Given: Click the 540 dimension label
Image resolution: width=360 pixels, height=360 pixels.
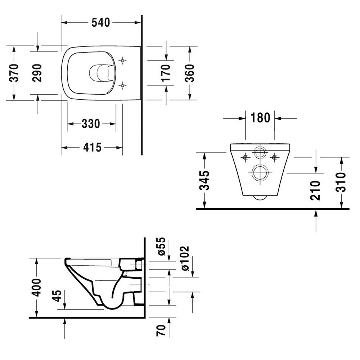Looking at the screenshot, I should click(x=100, y=22).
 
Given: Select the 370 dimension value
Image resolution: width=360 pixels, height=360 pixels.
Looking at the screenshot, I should click(x=14, y=73).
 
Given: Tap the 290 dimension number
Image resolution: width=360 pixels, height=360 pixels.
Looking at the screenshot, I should click(x=38, y=73).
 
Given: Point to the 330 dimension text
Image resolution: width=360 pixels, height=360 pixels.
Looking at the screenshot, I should click(x=90, y=124).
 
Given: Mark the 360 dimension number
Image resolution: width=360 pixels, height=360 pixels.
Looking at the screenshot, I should click(x=189, y=73).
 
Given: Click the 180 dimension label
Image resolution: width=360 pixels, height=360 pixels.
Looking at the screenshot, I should click(x=260, y=118).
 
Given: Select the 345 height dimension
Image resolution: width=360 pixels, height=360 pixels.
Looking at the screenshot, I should click(x=204, y=180).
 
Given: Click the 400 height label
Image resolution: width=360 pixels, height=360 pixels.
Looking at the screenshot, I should click(x=36, y=287).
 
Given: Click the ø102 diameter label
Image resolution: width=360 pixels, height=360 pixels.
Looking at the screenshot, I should click(x=184, y=258).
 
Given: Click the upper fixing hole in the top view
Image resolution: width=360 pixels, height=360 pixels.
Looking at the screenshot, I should click(x=123, y=60).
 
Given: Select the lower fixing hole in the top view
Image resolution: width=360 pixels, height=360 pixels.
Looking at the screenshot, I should click(x=123, y=85).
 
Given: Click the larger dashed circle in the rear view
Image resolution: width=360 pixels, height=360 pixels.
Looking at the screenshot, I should click(x=259, y=173).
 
